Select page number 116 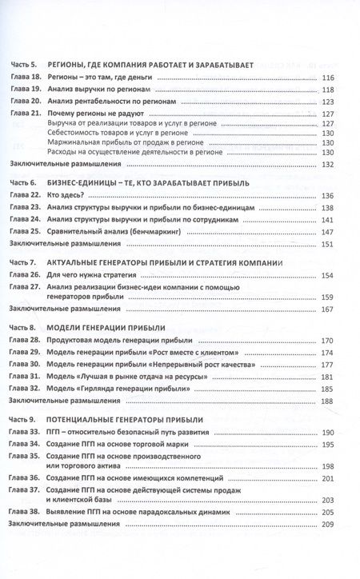click(x=326, y=78)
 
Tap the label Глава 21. click(x=25, y=114)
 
